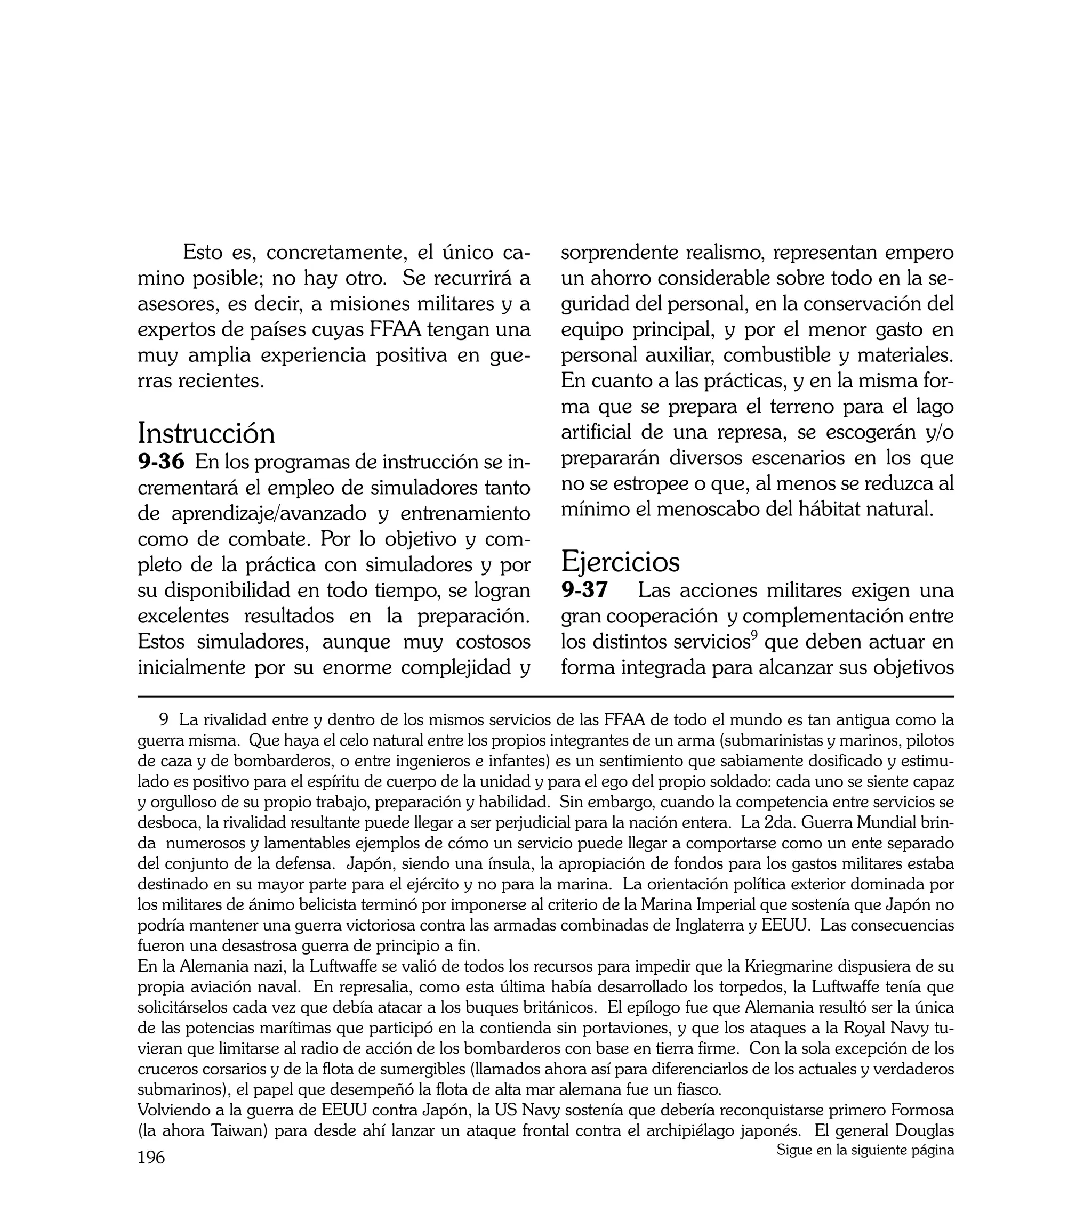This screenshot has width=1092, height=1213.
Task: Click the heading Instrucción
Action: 206,433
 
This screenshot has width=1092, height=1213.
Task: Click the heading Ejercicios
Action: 621,562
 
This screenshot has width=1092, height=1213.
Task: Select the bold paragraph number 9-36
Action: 161,462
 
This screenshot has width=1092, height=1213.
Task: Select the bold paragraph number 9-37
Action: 584,590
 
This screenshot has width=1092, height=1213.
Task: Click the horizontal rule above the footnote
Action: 545,697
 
